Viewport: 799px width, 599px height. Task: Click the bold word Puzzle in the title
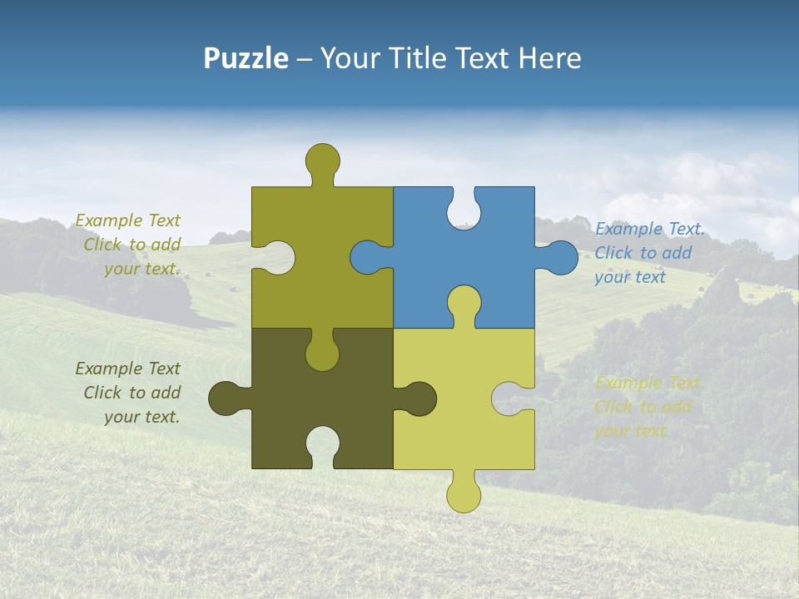point(246,58)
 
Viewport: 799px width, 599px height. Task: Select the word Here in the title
point(549,58)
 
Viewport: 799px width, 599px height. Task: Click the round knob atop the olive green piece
point(323,160)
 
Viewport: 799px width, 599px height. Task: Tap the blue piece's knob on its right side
point(562,258)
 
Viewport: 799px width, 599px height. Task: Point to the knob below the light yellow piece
point(464,496)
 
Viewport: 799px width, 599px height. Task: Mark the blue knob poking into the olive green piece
point(366,258)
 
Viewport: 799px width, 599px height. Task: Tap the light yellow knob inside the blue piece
point(464,301)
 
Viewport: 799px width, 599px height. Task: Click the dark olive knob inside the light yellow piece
point(419,399)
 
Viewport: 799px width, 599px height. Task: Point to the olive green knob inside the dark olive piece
point(322,354)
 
